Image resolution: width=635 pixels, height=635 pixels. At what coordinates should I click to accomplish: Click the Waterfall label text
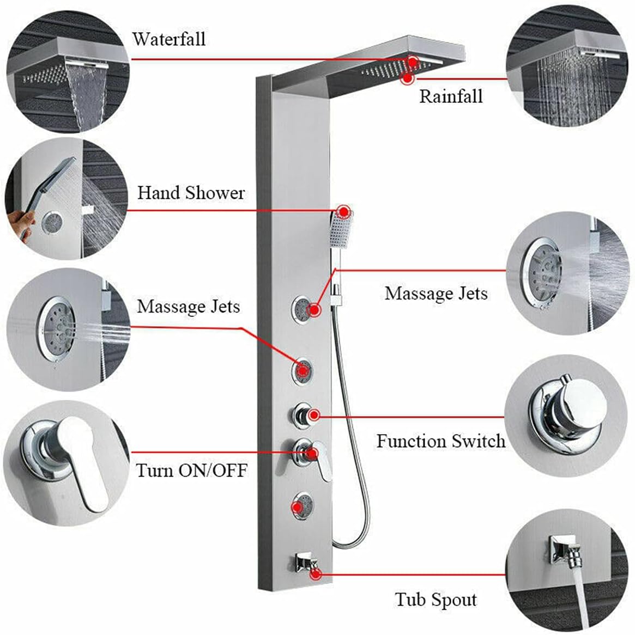pyautogui.click(x=168, y=39)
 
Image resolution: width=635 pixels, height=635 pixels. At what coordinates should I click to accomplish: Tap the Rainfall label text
pyautogui.click(x=451, y=96)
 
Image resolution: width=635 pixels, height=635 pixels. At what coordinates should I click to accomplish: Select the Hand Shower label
pyautogui.click(x=191, y=193)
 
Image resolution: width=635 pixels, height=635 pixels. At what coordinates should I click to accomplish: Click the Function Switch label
pyautogui.click(x=440, y=441)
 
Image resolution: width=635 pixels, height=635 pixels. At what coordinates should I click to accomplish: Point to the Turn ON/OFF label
pyautogui.click(x=191, y=469)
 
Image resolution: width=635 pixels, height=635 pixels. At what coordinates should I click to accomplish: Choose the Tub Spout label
pyautogui.click(x=436, y=600)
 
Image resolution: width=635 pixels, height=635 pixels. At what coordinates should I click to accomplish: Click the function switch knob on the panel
pyautogui.click(x=300, y=415)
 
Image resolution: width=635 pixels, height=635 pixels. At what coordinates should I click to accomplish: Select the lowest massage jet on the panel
pyautogui.click(x=302, y=506)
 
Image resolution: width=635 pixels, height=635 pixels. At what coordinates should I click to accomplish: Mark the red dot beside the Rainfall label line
pyautogui.click(x=407, y=79)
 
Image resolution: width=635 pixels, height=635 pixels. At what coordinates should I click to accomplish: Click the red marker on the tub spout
pyautogui.click(x=315, y=573)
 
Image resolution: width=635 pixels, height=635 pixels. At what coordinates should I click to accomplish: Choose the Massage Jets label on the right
pyautogui.click(x=436, y=294)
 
